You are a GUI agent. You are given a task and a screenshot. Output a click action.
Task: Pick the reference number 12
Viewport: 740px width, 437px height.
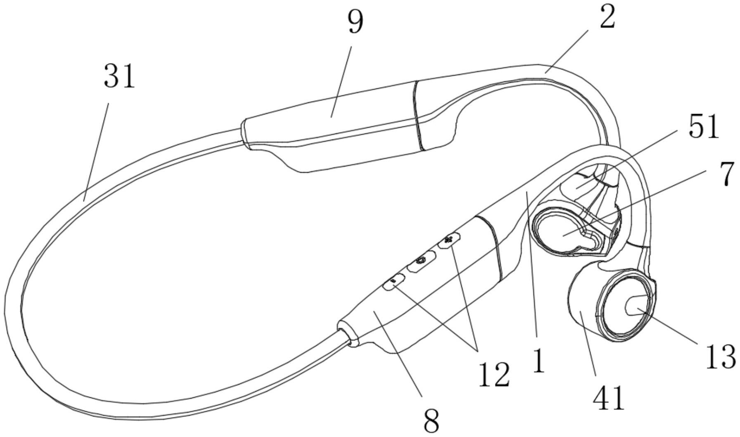tap(493, 374)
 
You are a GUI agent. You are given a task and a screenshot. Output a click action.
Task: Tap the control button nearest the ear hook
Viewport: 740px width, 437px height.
tap(449, 240)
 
